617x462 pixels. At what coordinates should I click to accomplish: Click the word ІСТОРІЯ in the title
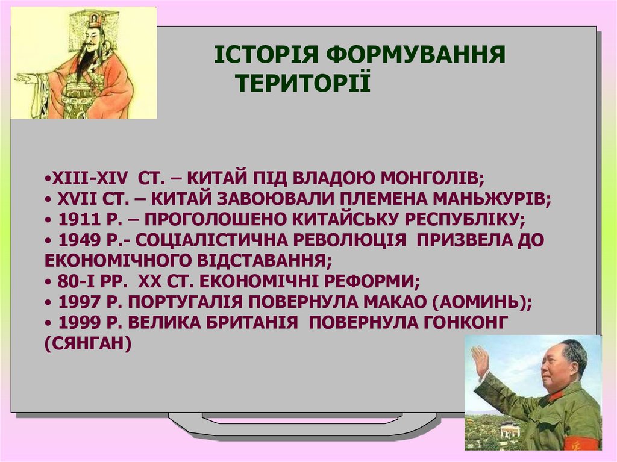coord(266,54)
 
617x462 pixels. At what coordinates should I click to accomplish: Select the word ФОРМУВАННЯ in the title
coord(416,54)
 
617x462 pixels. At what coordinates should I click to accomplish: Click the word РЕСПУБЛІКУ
coord(465,219)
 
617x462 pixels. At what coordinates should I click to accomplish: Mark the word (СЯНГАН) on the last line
coord(88,343)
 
